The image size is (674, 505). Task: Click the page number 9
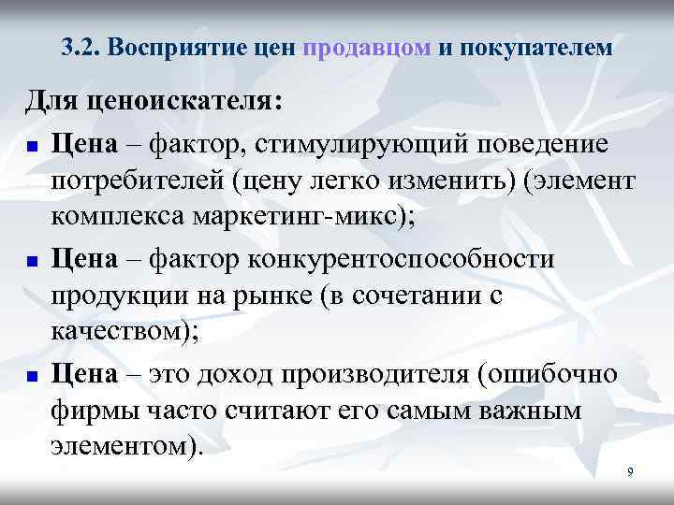630,472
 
